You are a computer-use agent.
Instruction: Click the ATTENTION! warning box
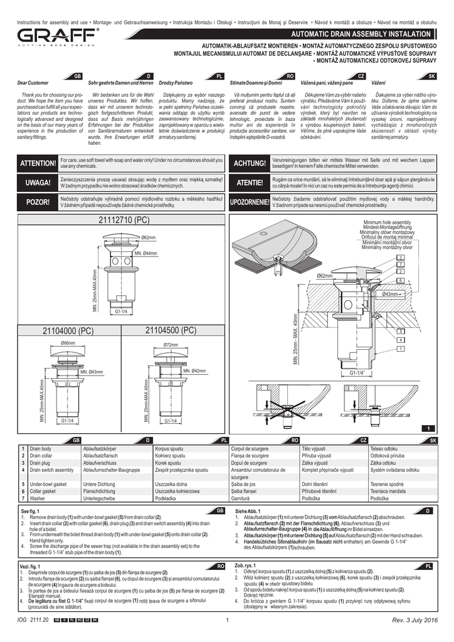pos(38,164)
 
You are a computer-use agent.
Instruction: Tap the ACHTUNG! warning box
pos(250,164)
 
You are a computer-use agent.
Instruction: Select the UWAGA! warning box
pos(38,183)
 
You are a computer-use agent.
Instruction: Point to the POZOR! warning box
pos(38,202)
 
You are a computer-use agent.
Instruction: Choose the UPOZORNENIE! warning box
pos(250,202)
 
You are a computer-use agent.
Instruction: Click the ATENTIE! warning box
pos(250,183)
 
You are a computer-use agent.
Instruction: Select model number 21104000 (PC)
pos(68,331)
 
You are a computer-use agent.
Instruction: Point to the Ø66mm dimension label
pos(68,344)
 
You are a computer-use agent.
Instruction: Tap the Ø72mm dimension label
pos(170,345)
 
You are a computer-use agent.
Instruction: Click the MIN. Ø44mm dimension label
pos(145,253)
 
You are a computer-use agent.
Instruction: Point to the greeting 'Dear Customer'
pos(33,83)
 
